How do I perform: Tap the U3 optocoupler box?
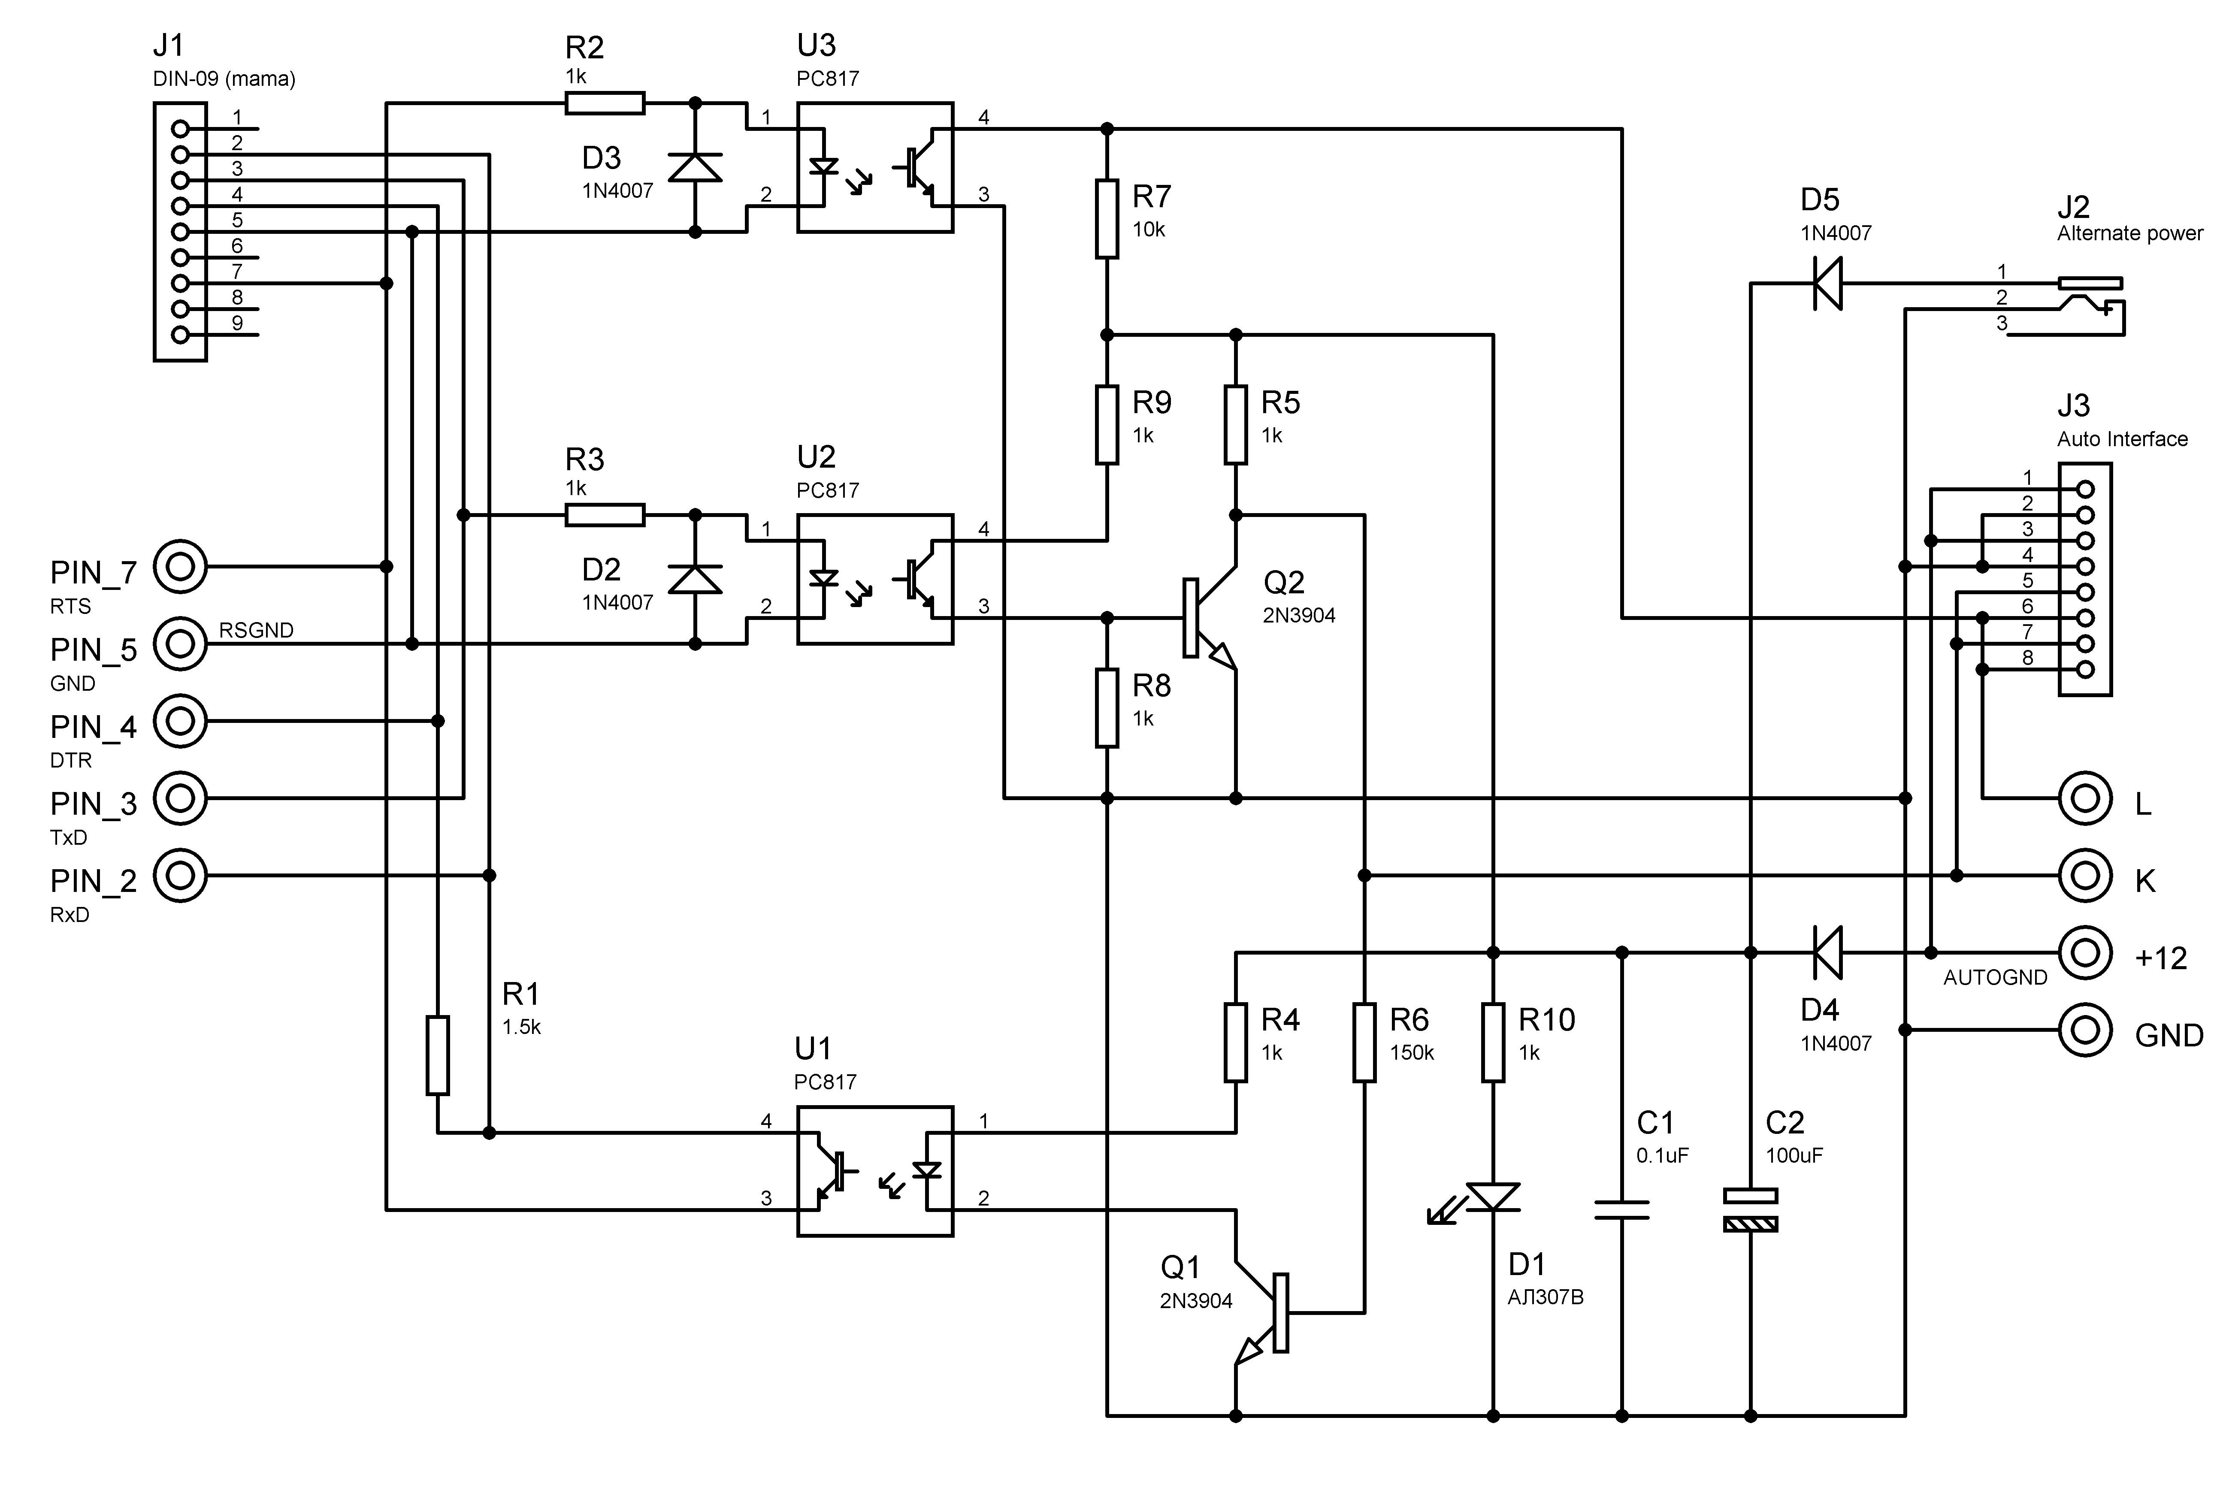[874, 168]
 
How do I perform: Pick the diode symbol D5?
[1827, 283]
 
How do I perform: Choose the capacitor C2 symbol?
[1750, 1209]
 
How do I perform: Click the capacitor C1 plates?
[1622, 1209]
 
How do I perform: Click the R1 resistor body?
[437, 1055]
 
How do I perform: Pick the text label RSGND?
[256, 630]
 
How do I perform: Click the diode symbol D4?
[1827, 952]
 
